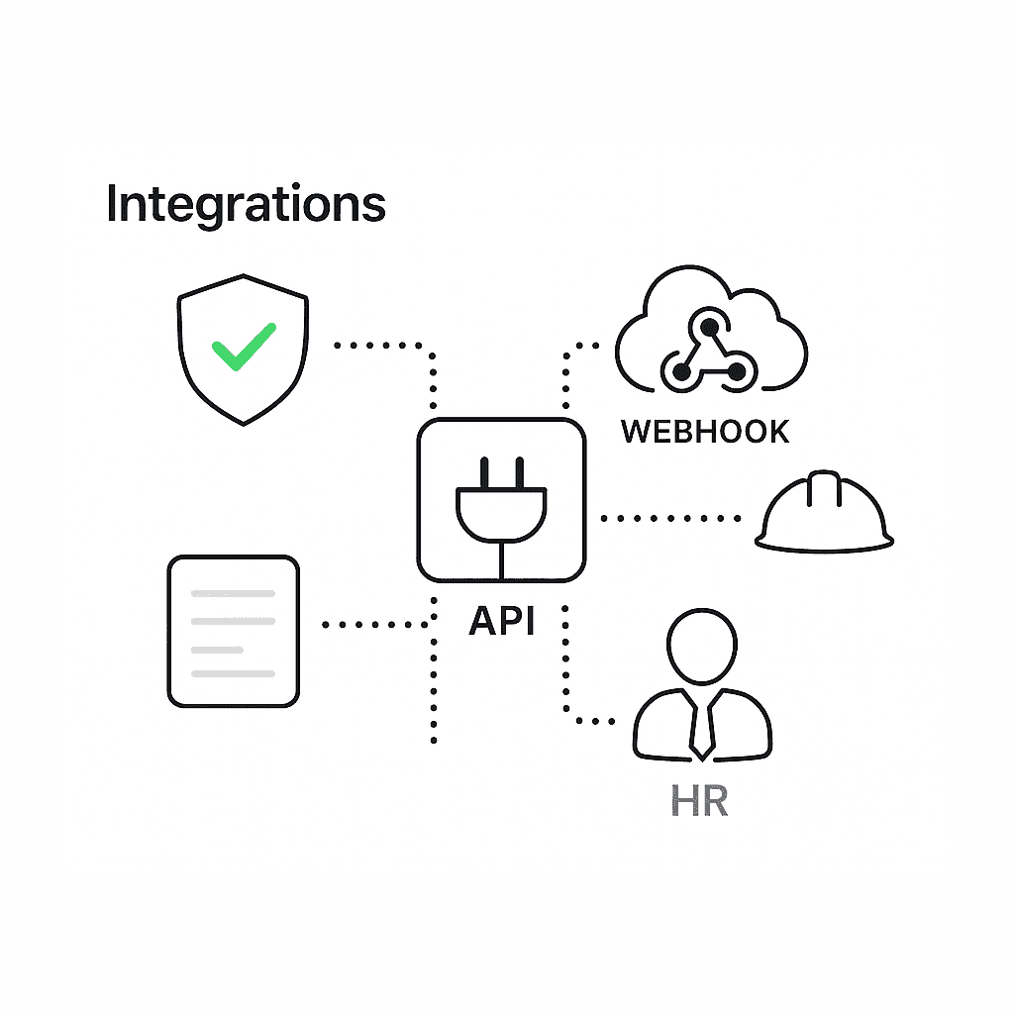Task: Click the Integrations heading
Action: pos(246,204)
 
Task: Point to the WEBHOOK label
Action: pos(705,432)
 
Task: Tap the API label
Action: pos(501,621)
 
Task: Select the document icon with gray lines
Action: pos(233,631)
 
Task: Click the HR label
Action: pos(699,800)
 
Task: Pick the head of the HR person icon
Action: pos(702,646)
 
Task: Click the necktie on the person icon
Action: pos(702,728)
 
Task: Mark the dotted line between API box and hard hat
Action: pos(671,517)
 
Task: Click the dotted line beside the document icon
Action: pos(374,625)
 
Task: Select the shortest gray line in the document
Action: pos(217,650)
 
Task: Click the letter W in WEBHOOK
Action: pos(634,432)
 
